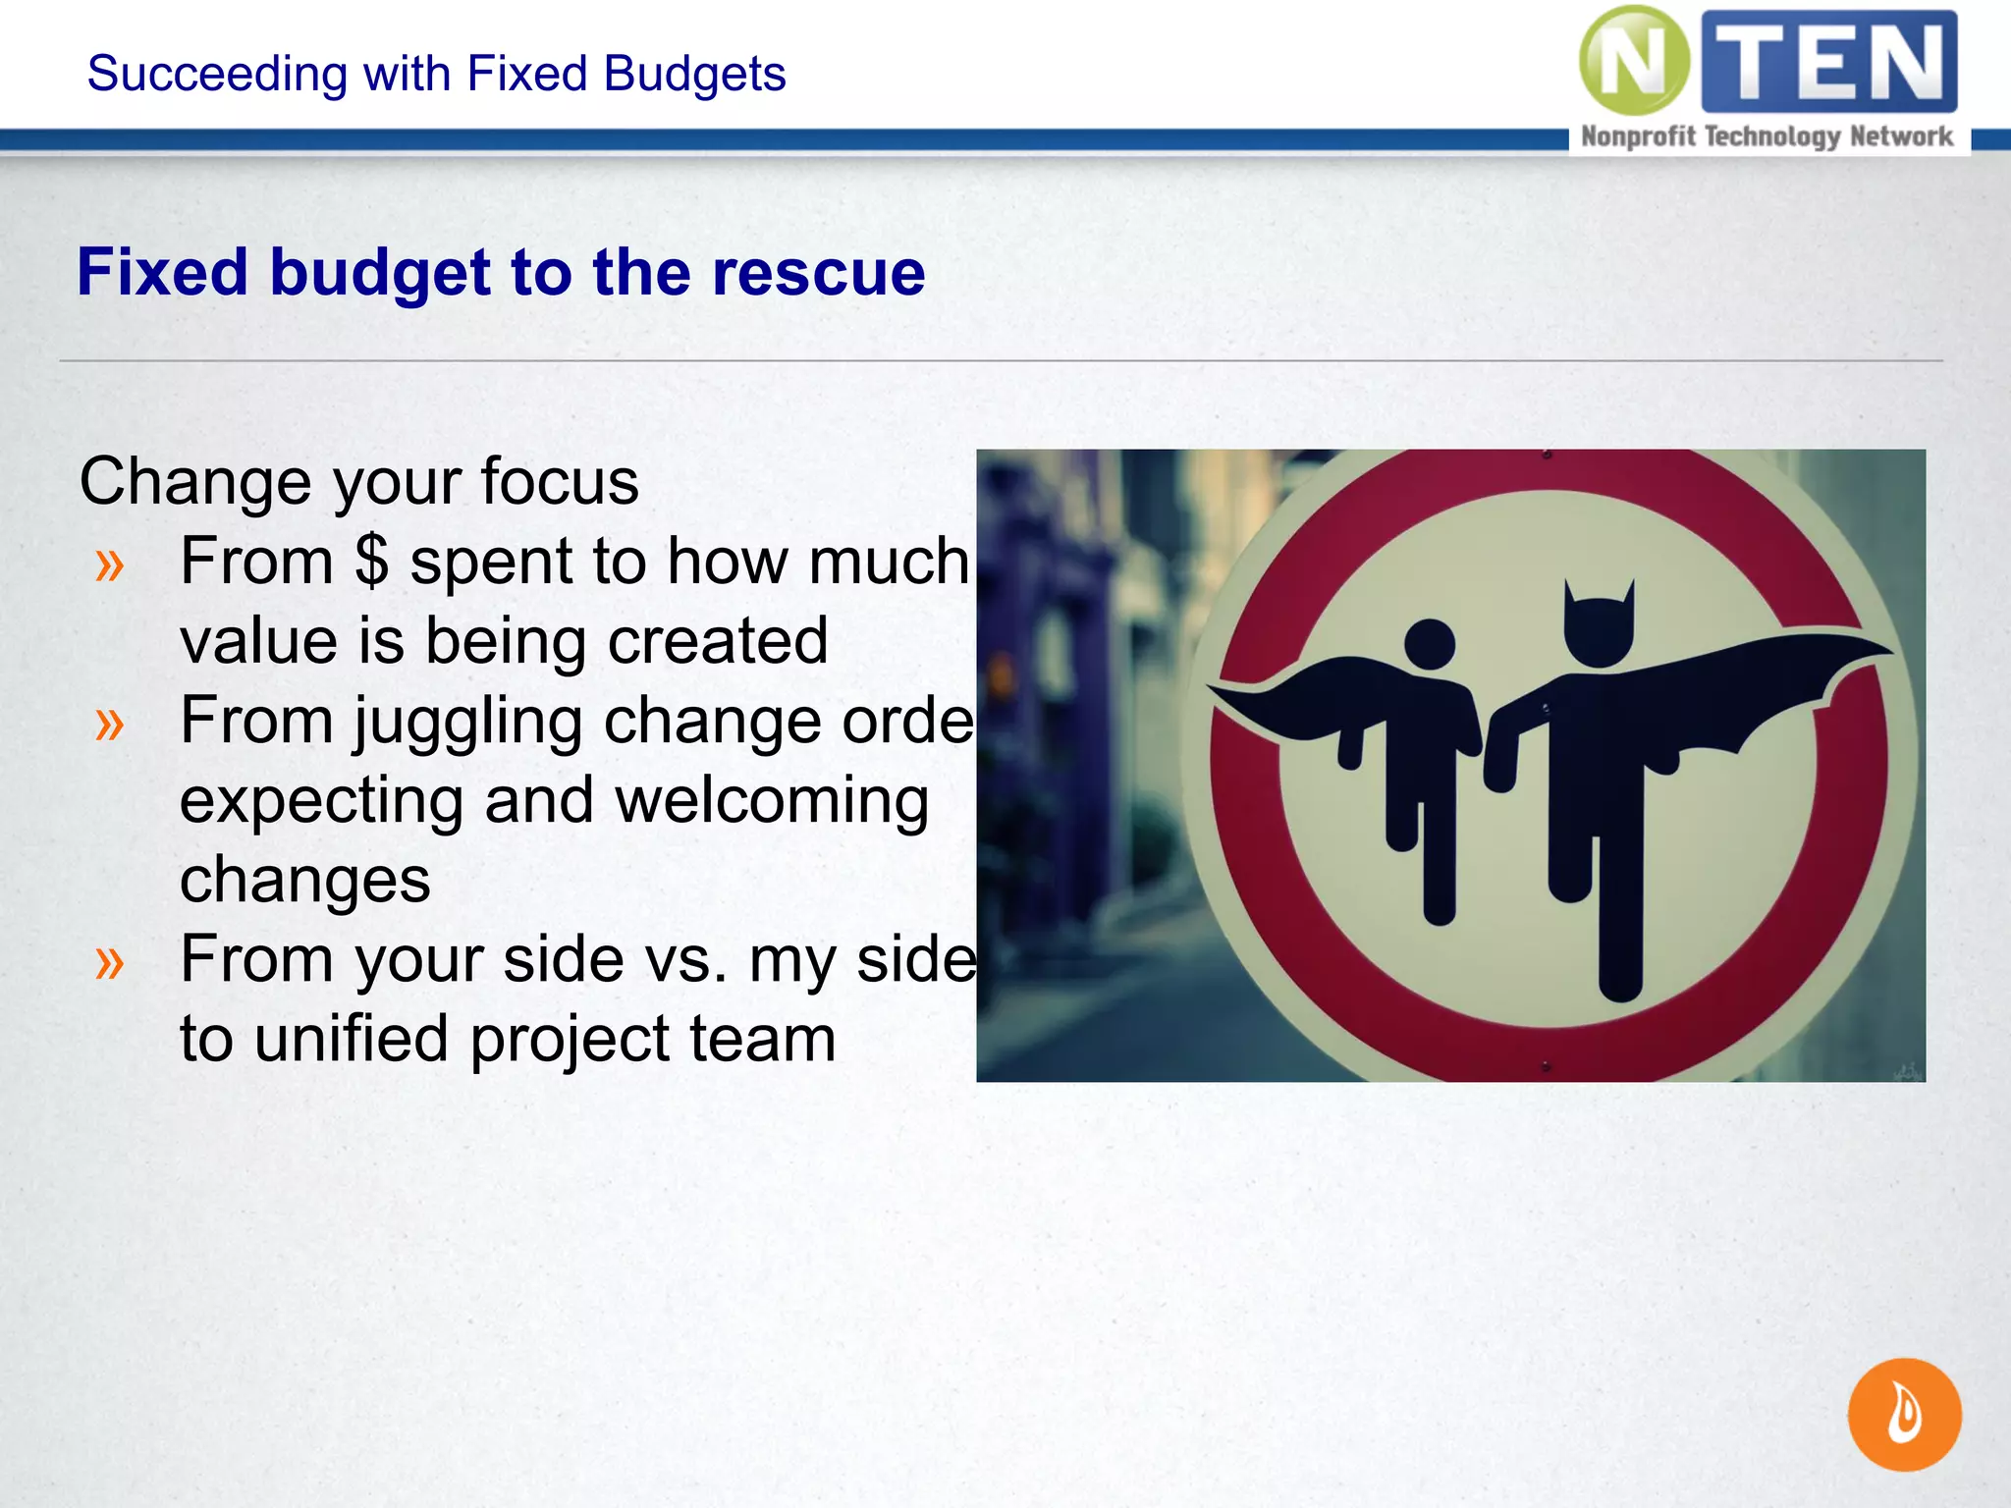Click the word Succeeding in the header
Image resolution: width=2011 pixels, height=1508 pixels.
(x=217, y=74)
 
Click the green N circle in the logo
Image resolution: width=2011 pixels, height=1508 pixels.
(x=1633, y=61)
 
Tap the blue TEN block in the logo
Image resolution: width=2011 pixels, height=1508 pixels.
(x=1828, y=61)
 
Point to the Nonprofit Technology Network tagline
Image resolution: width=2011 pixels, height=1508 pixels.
(x=1766, y=136)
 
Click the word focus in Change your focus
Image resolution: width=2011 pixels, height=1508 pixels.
(x=559, y=481)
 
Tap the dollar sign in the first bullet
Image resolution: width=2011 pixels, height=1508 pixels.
(x=372, y=562)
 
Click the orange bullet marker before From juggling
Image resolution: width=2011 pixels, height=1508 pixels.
(x=110, y=724)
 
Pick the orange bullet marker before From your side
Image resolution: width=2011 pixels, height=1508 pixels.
(x=110, y=962)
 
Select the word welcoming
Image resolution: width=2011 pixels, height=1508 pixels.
(x=772, y=801)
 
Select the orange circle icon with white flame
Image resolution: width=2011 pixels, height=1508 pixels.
(x=1904, y=1414)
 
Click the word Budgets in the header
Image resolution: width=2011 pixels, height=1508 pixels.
(x=695, y=74)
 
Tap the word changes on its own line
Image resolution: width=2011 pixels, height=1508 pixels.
(x=305, y=880)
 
